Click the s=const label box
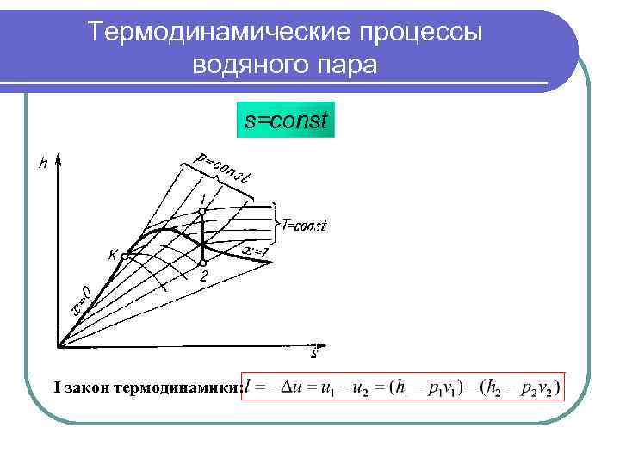click(285, 121)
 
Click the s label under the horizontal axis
click(314, 354)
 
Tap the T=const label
click(305, 226)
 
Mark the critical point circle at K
click(125, 256)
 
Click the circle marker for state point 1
click(201, 211)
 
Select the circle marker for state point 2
click(201, 263)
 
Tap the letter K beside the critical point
click(112, 254)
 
